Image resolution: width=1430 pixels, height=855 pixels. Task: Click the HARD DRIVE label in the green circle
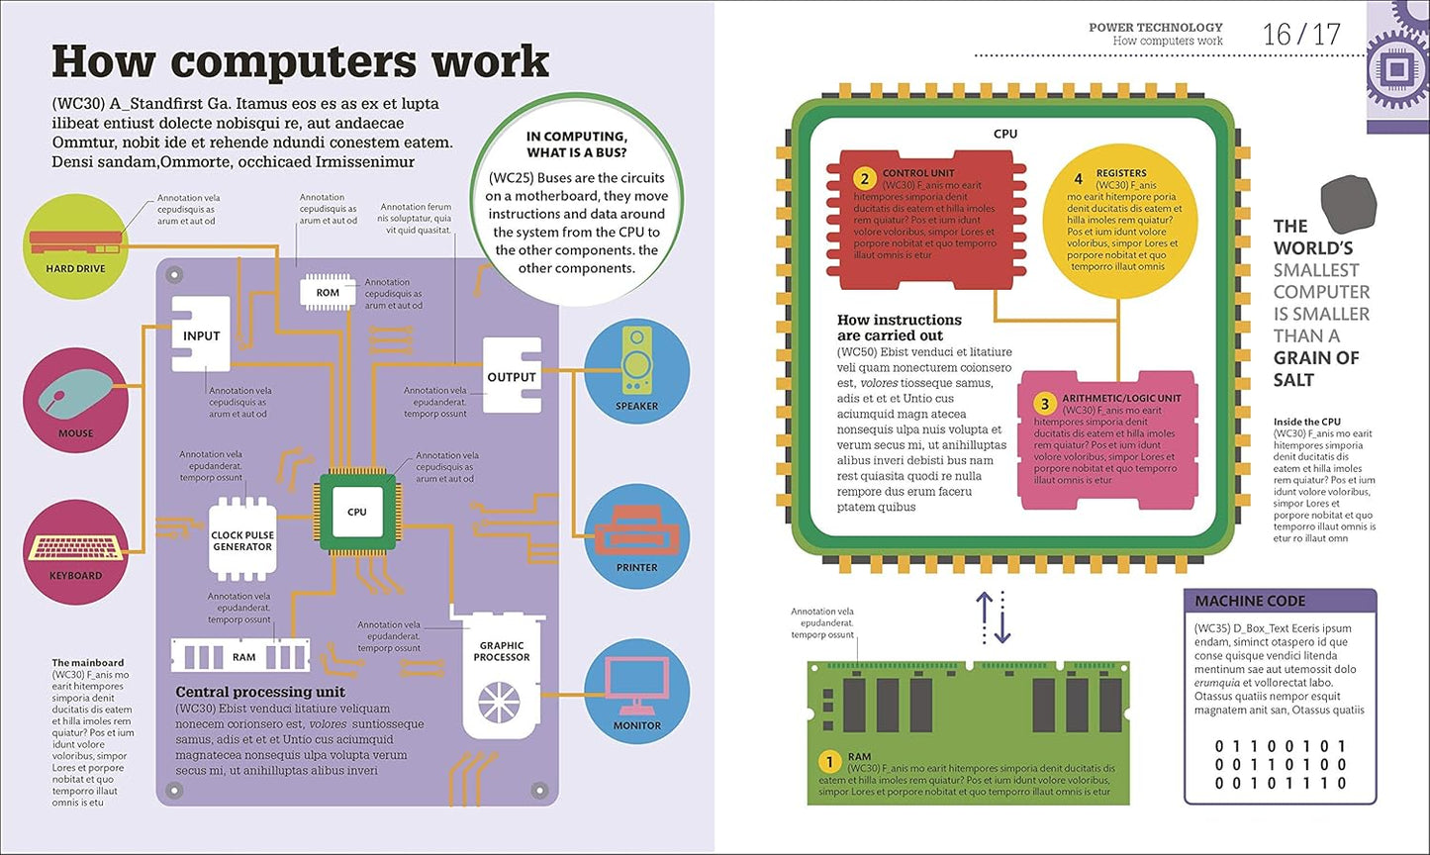click(75, 268)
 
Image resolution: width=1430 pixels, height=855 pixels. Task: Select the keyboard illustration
click(75, 547)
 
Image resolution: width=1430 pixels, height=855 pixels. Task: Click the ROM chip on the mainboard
click(328, 292)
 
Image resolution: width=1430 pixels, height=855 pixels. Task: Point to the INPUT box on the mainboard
click(201, 335)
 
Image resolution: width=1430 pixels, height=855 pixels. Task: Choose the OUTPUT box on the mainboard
click(512, 376)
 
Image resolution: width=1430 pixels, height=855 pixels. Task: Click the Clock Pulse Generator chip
click(242, 540)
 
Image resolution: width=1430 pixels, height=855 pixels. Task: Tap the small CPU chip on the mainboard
click(357, 512)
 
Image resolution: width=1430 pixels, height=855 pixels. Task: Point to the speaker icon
click(636, 361)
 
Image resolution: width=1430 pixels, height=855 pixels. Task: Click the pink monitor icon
click(636, 686)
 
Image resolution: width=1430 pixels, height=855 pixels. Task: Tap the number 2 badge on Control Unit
click(864, 179)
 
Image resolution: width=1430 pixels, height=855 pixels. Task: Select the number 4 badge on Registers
click(1079, 179)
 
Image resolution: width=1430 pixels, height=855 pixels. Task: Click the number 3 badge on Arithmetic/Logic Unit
click(1044, 404)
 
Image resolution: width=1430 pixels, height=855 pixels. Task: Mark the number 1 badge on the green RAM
click(829, 762)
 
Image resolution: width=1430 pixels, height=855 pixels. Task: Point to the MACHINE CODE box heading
click(1250, 601)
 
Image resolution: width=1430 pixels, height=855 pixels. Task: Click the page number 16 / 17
click(1301, 35)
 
